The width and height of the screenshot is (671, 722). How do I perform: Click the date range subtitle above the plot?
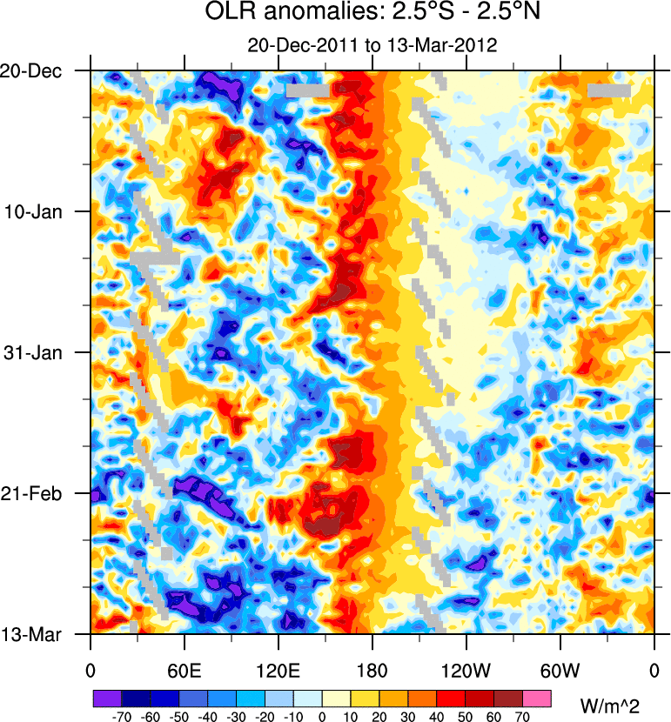[x=372, y=45]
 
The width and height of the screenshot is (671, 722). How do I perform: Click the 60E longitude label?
[x=185, y=671]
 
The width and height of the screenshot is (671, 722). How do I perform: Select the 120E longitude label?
[x=278, y=671]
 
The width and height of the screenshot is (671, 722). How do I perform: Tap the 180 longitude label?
[x=372, y=671]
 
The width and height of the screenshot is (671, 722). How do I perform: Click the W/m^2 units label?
[x=609, y=701]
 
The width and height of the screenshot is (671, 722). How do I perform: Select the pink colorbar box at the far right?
[x=538, y=698]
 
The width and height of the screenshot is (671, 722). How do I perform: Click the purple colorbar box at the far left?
[x=107, y=698]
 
